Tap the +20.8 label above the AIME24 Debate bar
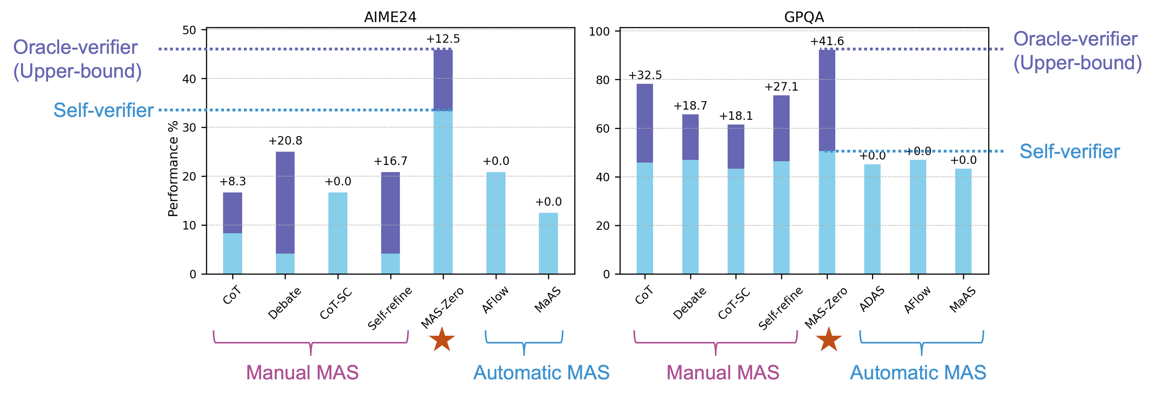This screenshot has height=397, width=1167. coord(285,141)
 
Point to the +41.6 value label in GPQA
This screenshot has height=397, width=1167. coord(827,41)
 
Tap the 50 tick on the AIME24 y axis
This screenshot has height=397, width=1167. coord(189,30)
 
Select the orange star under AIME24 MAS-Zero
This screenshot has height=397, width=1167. coord(442,339)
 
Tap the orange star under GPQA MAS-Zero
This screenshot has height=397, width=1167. coord(829,339)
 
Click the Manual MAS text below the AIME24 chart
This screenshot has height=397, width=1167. coord(302,373)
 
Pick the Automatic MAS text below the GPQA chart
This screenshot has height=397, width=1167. coord(918,373)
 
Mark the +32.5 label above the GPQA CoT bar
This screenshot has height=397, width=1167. coord(645,75)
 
